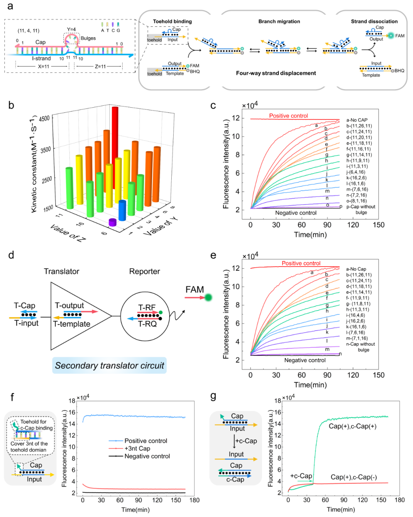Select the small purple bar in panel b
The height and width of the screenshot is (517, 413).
(112, 222)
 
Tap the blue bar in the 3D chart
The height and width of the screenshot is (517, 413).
(122, 210)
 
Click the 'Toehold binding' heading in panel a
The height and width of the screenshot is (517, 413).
(172, 21)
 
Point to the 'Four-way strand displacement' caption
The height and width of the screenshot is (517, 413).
(276, 73)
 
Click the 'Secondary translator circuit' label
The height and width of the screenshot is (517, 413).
(109, 366)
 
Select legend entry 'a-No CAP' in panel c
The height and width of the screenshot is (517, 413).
(357, 120)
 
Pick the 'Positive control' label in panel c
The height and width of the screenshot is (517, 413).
(288, 116)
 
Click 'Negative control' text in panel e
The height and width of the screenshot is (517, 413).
(305, 360)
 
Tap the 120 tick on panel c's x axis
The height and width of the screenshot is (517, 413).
(353, 225)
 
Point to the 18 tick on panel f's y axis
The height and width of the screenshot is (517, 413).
(72, 401)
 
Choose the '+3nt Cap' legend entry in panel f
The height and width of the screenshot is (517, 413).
(137, 448)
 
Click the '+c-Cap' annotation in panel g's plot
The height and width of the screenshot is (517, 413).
(301, 476)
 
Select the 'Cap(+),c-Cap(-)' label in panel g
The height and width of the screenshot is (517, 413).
(354, 477)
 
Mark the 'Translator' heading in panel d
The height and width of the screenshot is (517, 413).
(62, 272)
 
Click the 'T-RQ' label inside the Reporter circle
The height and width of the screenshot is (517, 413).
(147, 324)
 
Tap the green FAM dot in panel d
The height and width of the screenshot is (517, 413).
(208, 297)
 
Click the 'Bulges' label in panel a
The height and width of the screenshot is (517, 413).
(88, 38)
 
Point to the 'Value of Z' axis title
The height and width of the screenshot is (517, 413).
(68, 232)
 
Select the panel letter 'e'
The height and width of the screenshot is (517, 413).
(213, 255)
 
